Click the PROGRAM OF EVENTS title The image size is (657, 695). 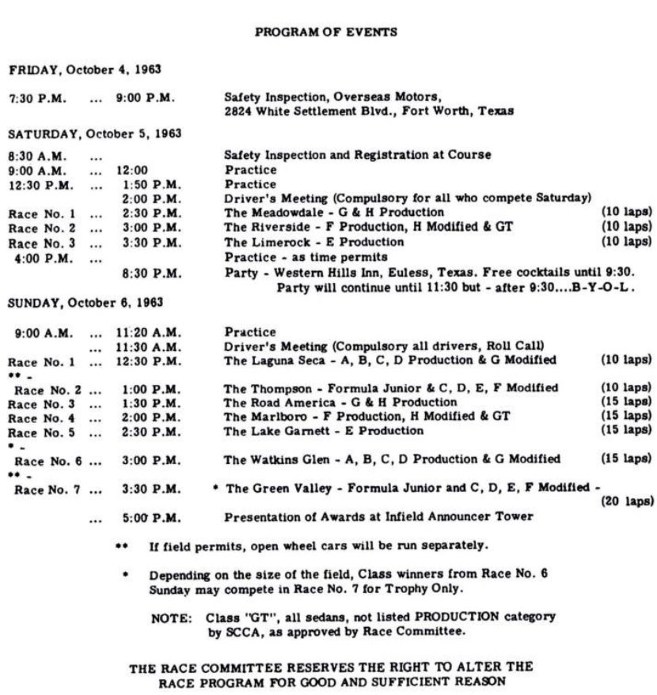point(325,32)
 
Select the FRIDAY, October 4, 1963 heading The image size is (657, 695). point(85,70)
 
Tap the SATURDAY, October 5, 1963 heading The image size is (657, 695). point(95,134)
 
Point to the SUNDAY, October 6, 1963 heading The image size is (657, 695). point(85,303)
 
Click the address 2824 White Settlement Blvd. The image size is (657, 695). point(310,111)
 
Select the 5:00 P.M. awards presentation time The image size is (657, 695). point(150,518)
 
